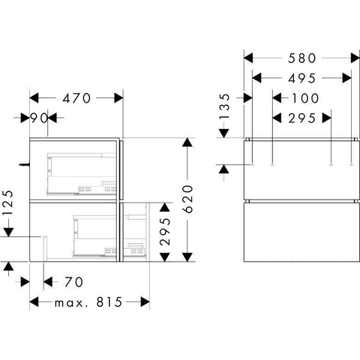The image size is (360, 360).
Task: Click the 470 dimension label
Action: pos(76,98)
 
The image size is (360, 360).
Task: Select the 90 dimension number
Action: pos(39,118)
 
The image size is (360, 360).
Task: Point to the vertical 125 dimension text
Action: pos(7,202)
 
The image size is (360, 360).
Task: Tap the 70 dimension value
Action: pos(73,282)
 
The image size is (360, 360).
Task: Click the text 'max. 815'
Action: pos(88,302)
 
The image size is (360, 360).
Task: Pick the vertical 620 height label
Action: pos(188,199)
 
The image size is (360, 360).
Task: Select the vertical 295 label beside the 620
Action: pos(165,231)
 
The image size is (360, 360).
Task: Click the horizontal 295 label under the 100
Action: pos(302,118)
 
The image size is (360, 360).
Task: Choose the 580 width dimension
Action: pos(302,58)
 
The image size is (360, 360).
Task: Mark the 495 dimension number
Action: pos(302,79)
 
